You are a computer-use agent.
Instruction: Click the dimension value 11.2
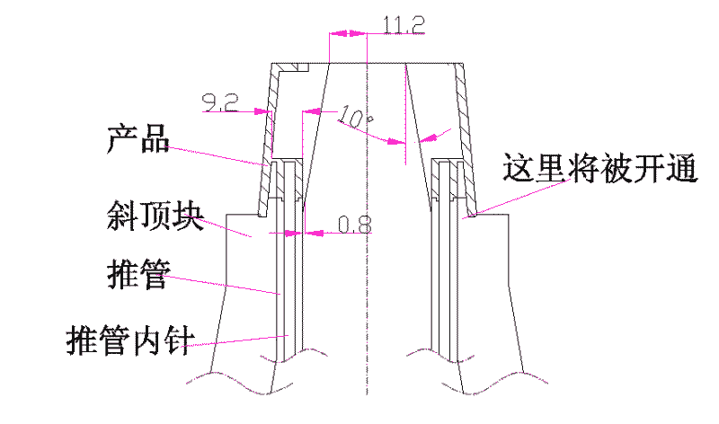[404, 25]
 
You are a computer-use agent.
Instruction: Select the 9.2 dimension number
[220, 103]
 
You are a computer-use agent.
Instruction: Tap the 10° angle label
[355, 118]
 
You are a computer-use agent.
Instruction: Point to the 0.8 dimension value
[354, 225]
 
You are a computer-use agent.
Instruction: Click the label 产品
[138, 139]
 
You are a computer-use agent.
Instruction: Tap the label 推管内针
[130, 340]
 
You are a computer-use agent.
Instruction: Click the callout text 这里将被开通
[599, 168]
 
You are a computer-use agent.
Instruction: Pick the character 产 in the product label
[122, 139]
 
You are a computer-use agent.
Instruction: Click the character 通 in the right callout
[682, 168]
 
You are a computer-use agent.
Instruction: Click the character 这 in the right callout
[519, 168]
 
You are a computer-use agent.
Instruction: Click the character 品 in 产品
[155, 139]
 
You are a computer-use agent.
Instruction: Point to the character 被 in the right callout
[617, 168]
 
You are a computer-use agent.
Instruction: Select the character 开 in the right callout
[649, 168]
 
